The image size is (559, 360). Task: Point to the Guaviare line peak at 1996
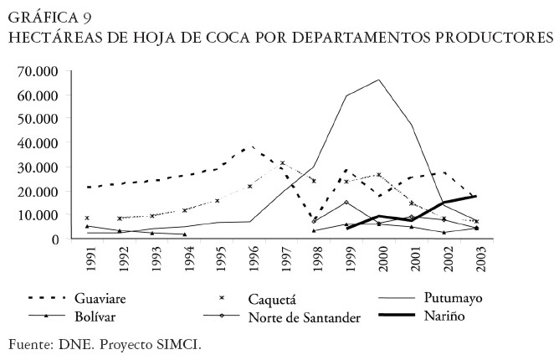coord(247,147)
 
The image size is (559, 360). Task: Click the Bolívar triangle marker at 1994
coord(185,234)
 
